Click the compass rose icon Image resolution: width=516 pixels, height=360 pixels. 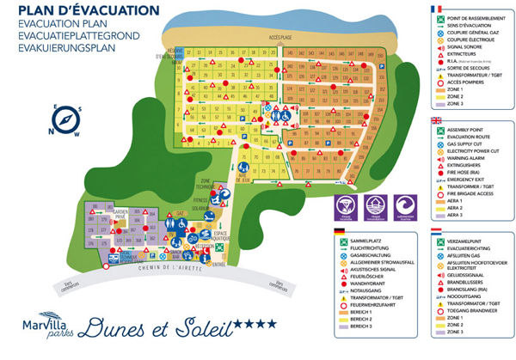(x=43, y=120)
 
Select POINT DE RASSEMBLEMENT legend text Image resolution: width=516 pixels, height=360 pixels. (x=480, y=18)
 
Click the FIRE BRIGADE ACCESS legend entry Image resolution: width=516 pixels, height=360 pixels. (x=474, y=193)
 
